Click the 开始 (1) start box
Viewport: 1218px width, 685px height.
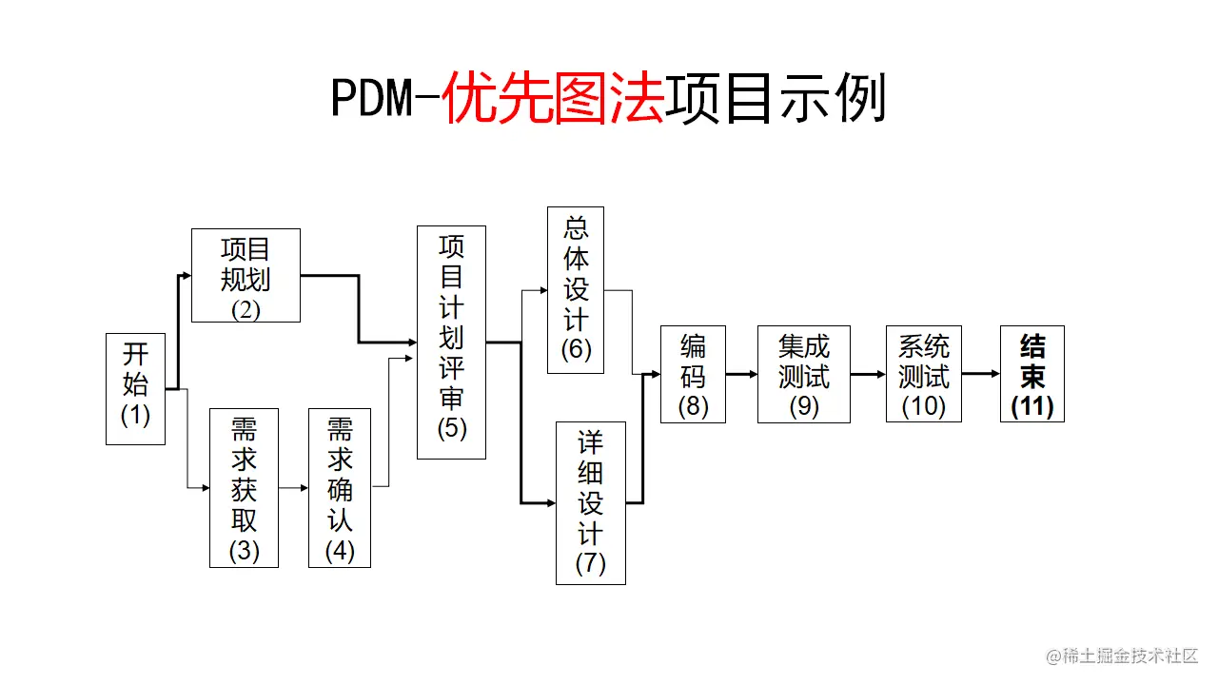coord(135,388)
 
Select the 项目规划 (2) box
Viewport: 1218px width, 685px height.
coord(246,275)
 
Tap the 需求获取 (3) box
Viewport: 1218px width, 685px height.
coord(244,487)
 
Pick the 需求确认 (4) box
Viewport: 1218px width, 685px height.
coord(340,487)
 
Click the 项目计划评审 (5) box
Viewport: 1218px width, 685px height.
coord(451,342)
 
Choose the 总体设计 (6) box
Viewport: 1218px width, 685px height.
coord(576,290)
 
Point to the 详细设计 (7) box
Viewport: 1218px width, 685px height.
coord(590,502)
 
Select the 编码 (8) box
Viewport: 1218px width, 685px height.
coord(694,374)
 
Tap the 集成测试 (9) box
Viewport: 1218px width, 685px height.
coord(804,374)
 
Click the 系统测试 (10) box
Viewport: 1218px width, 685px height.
coord(923,374)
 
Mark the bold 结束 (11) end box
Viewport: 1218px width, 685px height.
coord(1031,374)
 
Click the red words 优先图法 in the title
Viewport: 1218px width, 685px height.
coord(553,99)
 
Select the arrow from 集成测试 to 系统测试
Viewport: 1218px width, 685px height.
coord(868,374)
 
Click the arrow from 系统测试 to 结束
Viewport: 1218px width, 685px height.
coord(980,374)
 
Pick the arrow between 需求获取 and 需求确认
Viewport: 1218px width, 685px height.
coord(293,487)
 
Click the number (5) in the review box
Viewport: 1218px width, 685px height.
coord(451,428)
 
